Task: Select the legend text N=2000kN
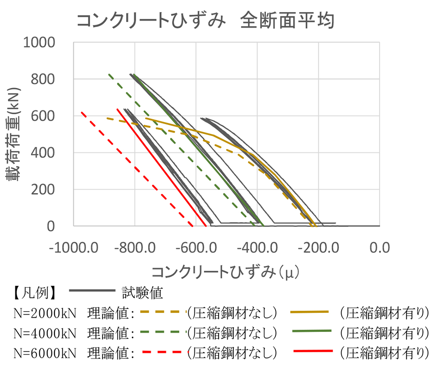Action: point(45,312)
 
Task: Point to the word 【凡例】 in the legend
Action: point(32,293)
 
